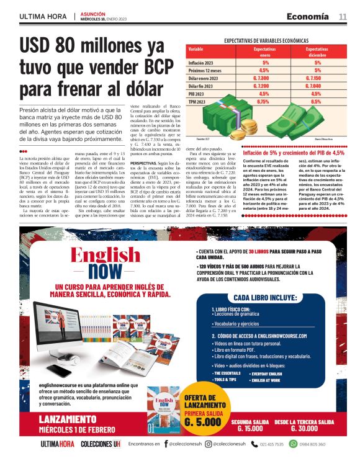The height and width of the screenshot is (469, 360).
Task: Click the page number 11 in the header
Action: [x=342, y=16]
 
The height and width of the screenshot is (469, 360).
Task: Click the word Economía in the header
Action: [x=307, y=16]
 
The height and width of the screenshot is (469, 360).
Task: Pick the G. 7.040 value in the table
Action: [x=317, y=87]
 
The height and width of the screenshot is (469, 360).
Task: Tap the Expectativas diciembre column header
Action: [x=317, y=51]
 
